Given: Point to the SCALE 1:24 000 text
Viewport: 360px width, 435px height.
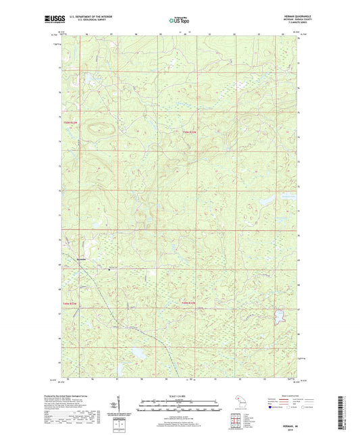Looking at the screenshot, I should (x=179, y=396).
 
